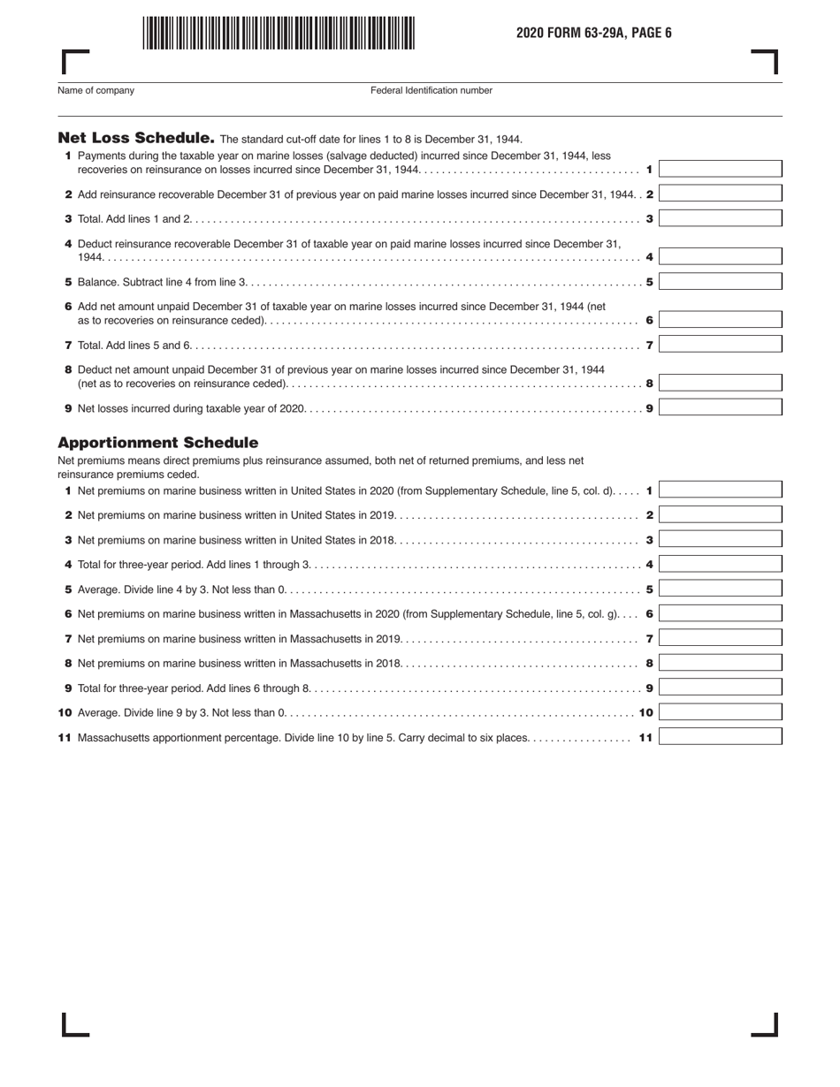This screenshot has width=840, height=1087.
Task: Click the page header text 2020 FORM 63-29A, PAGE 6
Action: [x=594, y=33]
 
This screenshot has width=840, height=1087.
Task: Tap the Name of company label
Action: [x=95, y=90]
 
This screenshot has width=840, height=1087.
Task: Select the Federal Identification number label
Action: [x=431, y=90]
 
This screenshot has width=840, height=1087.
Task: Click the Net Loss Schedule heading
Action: [x=136, y=138]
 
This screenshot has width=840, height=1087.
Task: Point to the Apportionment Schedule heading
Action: [x=157, y=442]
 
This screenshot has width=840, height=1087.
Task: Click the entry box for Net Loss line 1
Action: [x=720, y=169]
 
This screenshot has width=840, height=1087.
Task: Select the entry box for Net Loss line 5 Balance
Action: [x=720, y=282]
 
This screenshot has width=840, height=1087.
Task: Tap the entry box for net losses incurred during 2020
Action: [x=720, y=408]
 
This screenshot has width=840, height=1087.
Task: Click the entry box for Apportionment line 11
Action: [x=720, y=737]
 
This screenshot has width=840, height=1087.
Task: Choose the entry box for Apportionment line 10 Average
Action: [x=720, y=712]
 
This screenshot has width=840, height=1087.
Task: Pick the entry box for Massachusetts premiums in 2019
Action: [x=720, y=638]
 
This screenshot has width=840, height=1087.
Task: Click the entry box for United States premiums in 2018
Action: [x=720, y=539]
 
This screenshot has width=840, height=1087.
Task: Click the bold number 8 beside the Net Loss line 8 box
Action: [x=650, y=384]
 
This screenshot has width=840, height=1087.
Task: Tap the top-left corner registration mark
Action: [x=74, y=61]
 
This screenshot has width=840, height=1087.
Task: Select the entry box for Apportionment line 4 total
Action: [x=720, y=564]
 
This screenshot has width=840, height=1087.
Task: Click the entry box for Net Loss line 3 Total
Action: [x=720, y=218]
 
